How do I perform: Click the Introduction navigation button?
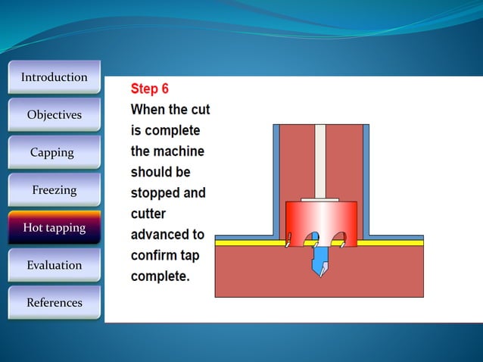coord(54,77)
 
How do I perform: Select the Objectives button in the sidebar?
coord(54,115)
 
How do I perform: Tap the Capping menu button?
coord(52,152)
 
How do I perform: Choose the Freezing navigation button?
coord(54,190)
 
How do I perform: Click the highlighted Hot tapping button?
coord(54,227)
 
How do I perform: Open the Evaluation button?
coord(54,265)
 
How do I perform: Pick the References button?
coord(54,303)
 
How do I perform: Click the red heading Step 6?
coord(150,89)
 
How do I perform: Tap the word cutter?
coord(148,214)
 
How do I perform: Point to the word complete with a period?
coord(160,276)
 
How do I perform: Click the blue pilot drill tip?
coord(321,261)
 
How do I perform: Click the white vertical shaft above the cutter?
coord(319,159)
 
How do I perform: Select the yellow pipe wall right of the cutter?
coord(390,243)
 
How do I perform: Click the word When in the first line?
coord(149,110)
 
